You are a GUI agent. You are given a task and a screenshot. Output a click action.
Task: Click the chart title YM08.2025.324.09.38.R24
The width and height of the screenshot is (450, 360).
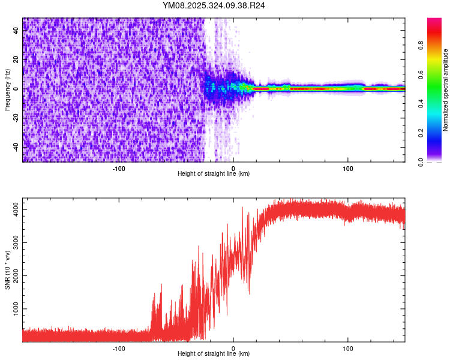click(214, 5)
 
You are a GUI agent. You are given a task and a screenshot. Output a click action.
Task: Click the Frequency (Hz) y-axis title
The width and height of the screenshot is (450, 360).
click(7, 90)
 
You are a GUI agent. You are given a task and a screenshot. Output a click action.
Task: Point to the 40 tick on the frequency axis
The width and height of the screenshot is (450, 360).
click(17, 31)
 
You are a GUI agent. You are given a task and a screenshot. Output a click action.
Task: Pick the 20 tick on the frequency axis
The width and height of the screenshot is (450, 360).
click(17, 60)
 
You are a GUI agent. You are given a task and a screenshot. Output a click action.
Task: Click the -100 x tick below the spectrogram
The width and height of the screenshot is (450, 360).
click(119, 168)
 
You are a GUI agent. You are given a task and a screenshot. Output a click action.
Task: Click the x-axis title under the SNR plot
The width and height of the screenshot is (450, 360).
click(214, 354)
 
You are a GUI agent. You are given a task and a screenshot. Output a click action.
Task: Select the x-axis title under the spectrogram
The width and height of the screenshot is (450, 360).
click(214, 174)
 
